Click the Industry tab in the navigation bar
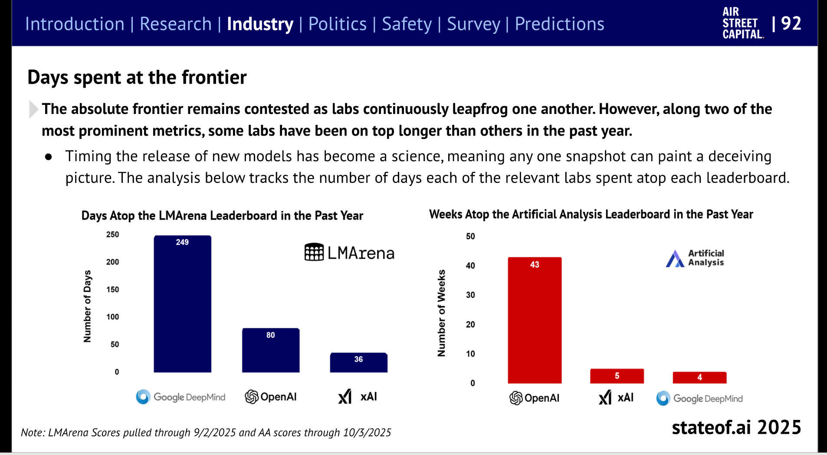260,24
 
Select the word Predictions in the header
559,24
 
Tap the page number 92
791,23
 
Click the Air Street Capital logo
743,23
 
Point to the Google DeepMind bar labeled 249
183,304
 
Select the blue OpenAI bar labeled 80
271,350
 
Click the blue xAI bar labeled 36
359,362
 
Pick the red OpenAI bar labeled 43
535,320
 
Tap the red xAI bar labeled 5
617,376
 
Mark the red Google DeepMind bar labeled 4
699,377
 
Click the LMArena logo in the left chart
349,252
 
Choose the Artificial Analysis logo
695,258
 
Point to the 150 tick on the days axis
112,289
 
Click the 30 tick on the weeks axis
470,295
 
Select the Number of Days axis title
87,306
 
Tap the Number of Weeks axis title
441,313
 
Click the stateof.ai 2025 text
736,427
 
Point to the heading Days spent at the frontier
137,78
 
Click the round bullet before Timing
49,157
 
